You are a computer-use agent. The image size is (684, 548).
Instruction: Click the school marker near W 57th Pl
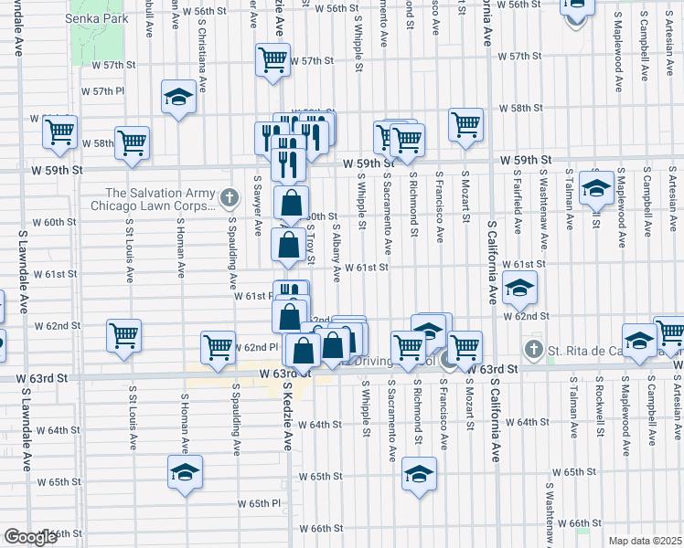pos(179,98)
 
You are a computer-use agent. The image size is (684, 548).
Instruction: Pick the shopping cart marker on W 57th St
pos(273,60)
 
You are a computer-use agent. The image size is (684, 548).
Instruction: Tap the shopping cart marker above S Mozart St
pos(465,124)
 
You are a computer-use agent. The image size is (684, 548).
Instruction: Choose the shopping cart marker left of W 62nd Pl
pos(218,347)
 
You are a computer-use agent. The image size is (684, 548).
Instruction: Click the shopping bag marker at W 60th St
pos(291,202)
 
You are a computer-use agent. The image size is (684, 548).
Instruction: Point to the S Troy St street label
pos(311,242)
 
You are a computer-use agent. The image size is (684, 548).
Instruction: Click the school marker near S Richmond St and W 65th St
pos(419,474)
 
